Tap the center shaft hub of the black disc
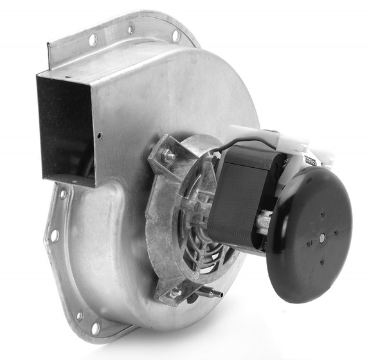[321, 237]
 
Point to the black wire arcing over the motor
[247, 145]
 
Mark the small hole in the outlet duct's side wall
[99, 136]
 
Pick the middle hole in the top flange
[131, 30]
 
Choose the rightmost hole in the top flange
[175, 36]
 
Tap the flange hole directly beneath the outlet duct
[62, 193]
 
